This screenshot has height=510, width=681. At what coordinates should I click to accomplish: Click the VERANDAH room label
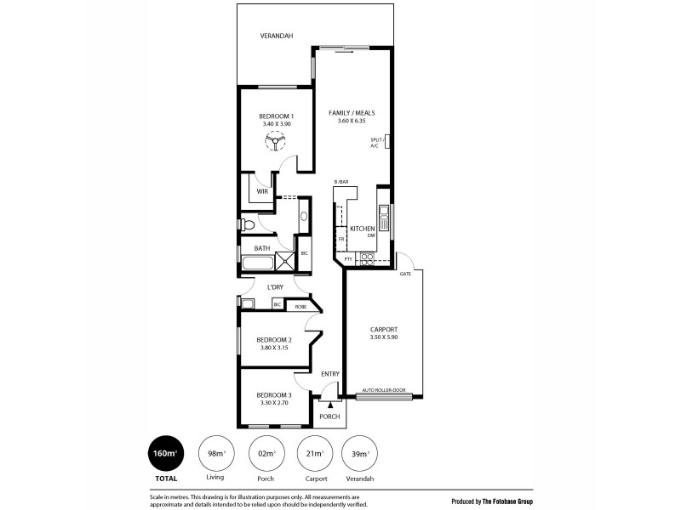pos(277,36)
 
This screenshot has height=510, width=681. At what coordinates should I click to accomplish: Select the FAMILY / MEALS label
pos(352,113)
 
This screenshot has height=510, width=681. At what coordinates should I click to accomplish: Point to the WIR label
pos(262,191)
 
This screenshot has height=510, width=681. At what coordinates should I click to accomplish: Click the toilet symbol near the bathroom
pos(248,225)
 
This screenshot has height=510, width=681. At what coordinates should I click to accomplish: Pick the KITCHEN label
pos(363,229)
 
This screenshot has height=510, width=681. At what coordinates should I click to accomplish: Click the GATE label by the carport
pos(406,275)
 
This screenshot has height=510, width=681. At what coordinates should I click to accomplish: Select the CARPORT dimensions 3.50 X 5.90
pos(385,337)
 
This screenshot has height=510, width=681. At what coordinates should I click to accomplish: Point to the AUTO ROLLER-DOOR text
pos(384,390)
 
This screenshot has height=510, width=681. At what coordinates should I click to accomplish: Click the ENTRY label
pos(330,374)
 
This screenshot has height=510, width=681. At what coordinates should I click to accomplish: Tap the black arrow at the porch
pos(329,406)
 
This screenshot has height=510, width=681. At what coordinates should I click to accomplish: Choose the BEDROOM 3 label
pos(274,395)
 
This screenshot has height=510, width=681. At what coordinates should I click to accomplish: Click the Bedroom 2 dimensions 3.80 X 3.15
pos(274,348)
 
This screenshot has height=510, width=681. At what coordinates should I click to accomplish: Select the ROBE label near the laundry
pos(300,305)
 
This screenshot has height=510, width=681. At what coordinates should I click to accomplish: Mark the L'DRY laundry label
pos(275,287)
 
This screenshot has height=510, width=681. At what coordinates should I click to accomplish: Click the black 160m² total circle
pos(163,453)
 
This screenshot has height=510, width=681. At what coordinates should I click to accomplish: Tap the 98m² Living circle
pos(216,453)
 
